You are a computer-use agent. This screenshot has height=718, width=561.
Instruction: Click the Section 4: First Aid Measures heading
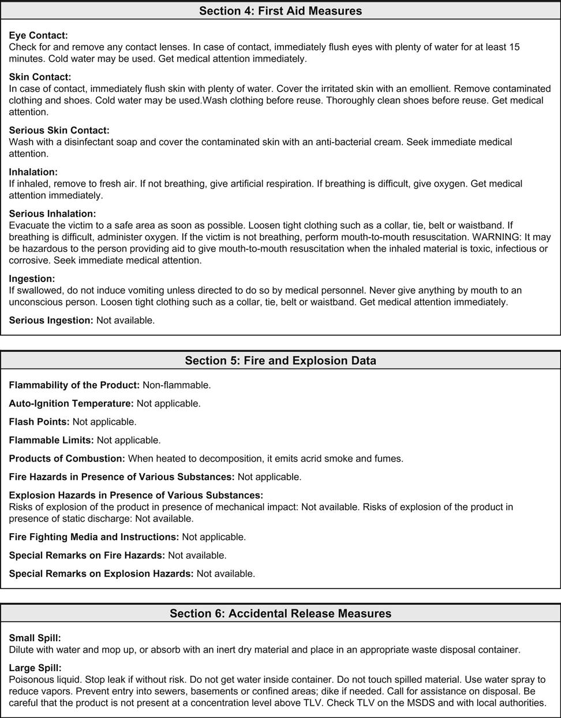pos(280,11)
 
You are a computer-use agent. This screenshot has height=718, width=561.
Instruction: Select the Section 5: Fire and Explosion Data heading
pos(280,360)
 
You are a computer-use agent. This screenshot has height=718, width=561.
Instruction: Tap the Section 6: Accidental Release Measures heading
pos(280,613)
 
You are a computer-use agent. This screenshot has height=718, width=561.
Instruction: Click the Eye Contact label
pos(38,35)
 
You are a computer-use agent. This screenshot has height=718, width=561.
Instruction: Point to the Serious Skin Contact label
pos(59,131)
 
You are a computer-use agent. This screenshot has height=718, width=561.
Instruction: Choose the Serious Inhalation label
pos(53,214)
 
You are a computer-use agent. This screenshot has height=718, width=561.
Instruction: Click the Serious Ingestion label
pos(51,320)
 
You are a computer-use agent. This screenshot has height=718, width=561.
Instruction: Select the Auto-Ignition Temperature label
pos(71,403)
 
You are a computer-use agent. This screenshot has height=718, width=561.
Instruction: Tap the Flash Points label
pos(39,422)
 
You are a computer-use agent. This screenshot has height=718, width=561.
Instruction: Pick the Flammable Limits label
pos(51,440)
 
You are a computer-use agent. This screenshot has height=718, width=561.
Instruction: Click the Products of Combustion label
pos(67,459)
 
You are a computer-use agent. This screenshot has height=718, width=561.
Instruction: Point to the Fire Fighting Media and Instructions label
pos(93,537)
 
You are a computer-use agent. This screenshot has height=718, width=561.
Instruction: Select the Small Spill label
pos(35,638)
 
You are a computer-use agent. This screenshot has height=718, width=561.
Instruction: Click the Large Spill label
pos(35,668)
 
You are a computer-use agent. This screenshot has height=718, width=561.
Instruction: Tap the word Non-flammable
pos(177,385)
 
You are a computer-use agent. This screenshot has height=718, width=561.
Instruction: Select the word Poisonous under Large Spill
pos(32,679)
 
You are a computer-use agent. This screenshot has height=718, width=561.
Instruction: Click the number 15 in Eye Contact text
pos(514,47)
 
